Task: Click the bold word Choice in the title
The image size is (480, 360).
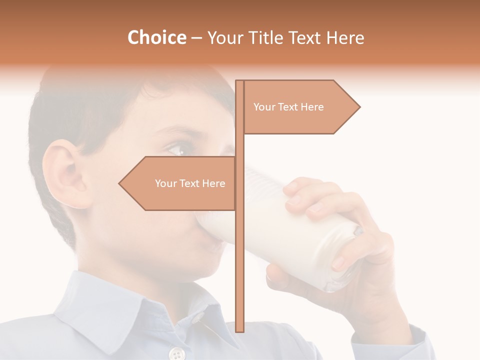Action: pos(156,38)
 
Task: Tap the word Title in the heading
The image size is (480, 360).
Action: pos(263,38)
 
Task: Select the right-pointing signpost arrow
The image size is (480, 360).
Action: pos(300,107)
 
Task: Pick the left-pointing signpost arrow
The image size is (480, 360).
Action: pos(178,183)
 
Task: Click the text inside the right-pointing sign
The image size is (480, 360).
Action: pos(288,107)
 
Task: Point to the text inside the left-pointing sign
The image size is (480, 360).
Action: pos(190,183)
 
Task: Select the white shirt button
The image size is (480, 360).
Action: pos(176,354)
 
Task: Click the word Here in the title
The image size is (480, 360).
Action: pos(345,38)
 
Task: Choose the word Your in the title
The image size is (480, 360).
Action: pos(223,38)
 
